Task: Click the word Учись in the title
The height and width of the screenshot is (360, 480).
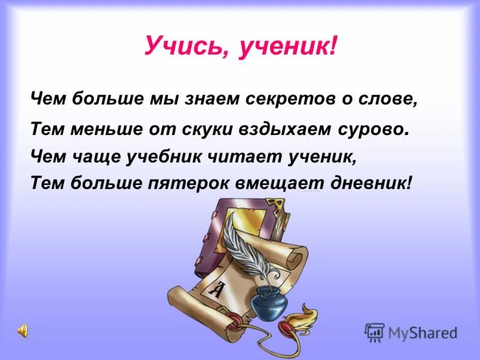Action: click(181, 45)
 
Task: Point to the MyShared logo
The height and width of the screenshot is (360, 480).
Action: click(411, 332)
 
